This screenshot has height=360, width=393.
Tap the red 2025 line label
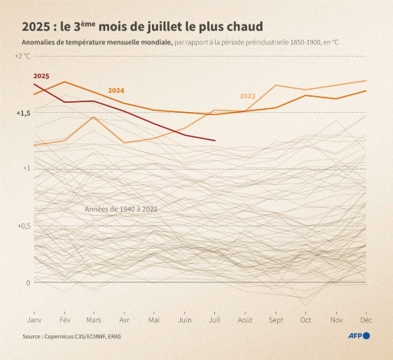41,77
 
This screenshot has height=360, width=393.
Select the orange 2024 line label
117,91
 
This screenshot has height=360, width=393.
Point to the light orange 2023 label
247,96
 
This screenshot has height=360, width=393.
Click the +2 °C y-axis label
23,57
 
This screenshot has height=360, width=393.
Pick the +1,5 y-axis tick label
23,113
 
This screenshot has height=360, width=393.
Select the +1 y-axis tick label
25,169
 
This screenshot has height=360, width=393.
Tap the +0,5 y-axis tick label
23,226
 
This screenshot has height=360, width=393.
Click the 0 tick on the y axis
28,282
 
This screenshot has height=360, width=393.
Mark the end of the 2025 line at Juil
214,140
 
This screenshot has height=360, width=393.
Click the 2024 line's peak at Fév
64,81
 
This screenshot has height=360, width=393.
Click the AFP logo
359,336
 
